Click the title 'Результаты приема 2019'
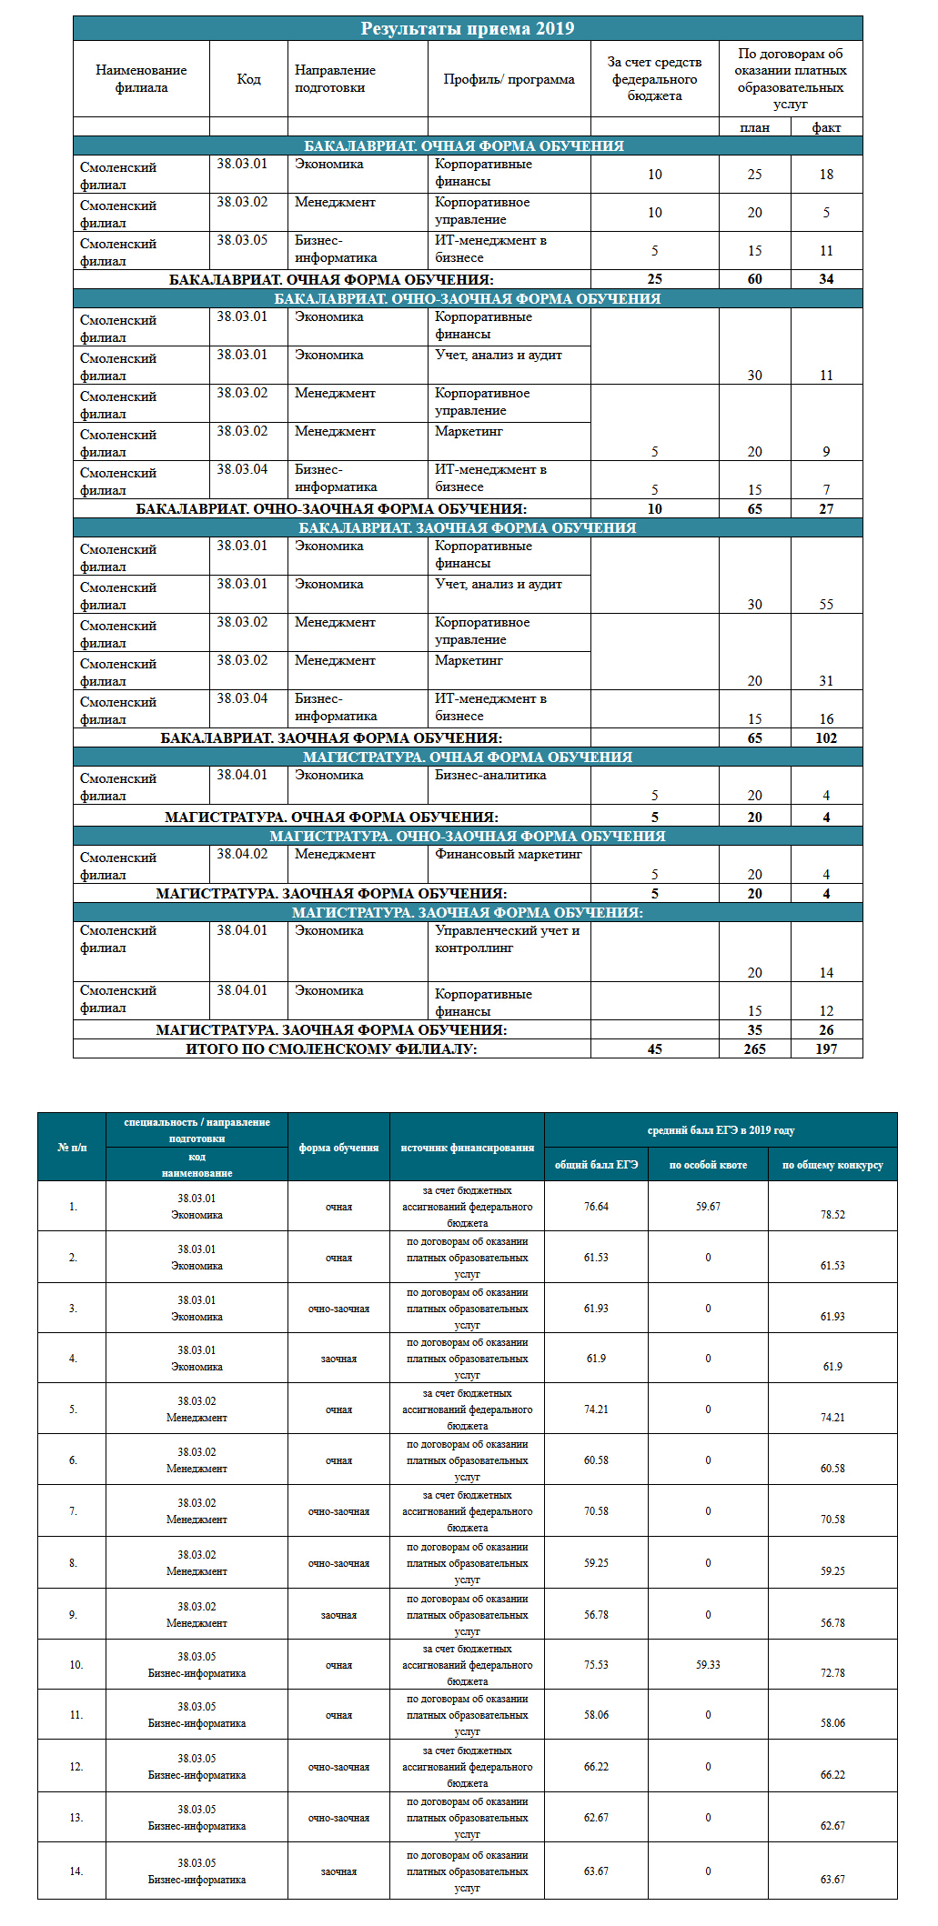coord(468,28)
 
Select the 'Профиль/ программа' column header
coord(509,79)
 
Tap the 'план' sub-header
coord(754,127)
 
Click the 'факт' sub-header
coord(826,127)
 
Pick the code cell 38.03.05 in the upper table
coord(242,240)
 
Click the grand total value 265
coord(754,1048)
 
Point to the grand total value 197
coord(826,1048)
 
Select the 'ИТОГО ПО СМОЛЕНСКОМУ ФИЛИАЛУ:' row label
coord(331,1048)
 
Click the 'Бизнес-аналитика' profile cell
coord(490,776)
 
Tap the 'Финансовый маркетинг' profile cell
coord(508,855)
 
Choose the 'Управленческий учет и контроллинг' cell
coord(507,939)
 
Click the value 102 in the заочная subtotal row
coord(826,738)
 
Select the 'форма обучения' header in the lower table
coord(338,1148)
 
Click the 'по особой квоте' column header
coord(708,1165)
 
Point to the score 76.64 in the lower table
coord(596,1207)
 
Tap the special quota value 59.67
coord(708,1207)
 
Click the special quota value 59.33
coord(708,1665)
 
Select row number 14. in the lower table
coord(76,1871)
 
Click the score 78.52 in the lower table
coord(832,1215)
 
